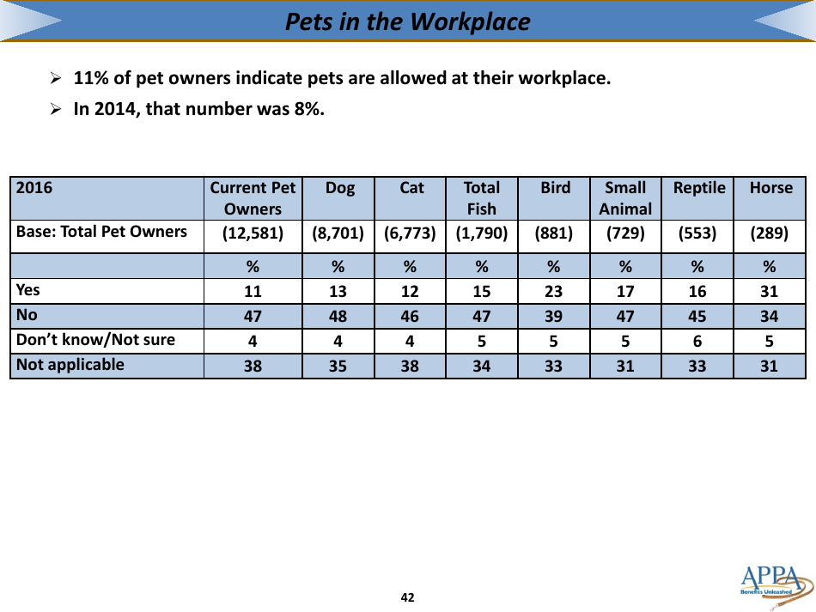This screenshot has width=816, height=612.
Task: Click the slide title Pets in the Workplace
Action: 408,21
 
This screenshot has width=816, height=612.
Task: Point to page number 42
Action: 408,597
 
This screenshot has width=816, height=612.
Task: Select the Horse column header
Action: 770,188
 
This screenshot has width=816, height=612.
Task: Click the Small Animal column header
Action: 625,198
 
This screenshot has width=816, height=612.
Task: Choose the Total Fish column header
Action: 482,198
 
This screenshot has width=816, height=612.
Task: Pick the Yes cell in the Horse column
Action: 769,292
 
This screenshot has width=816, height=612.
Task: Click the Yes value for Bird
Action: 554,292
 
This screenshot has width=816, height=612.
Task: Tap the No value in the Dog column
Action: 338,316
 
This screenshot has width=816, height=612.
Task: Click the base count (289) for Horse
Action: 770,233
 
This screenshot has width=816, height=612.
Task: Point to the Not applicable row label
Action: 70,365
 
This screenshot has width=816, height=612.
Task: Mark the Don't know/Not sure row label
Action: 95,340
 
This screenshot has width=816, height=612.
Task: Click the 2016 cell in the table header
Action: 35,188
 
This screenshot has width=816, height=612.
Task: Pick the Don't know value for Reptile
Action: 697,341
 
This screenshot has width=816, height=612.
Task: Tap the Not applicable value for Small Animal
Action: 625,366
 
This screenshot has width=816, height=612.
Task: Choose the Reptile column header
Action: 699,188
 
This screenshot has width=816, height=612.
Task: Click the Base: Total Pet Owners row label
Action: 101,232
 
